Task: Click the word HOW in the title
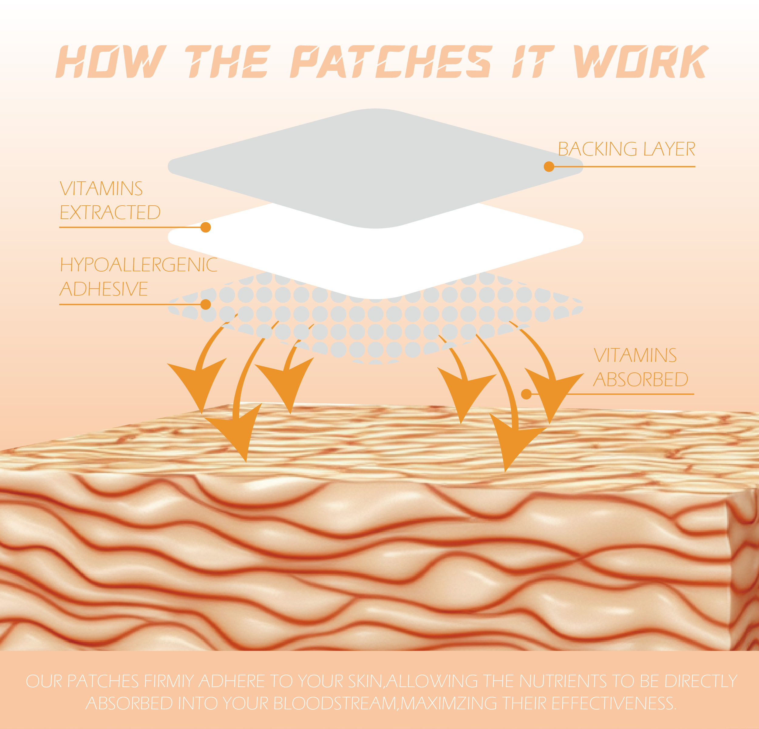click(x=111, y=62)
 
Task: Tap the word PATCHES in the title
click(x=391, y=62)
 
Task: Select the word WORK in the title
click(x=641, y=62)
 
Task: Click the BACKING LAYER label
click(x=626, y=149)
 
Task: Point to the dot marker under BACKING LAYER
click(x=549, y=166)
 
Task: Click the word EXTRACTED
click(x=110, y=212)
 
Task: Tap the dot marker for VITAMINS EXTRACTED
click(x=206, y=228)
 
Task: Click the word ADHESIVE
click(x=104, y=289)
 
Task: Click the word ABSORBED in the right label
click(x=641, y=380)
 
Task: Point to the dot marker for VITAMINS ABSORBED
click(x=526, y=394)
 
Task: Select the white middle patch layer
click(x=375, y=256)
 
